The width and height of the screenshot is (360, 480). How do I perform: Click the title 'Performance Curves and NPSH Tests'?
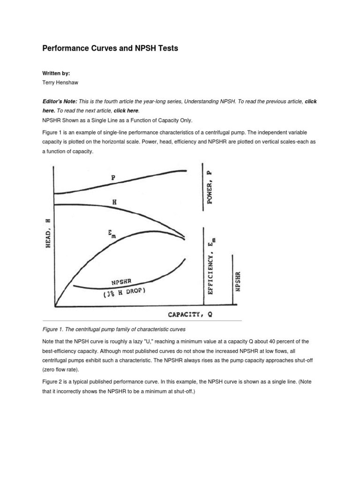pos(110,48)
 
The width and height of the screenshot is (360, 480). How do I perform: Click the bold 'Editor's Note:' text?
pos(60,102)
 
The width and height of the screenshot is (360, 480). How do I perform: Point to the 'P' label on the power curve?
pos(113,178)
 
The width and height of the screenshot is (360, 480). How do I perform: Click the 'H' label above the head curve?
pos(114,202)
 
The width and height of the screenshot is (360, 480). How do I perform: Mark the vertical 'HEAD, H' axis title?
pos(48,233)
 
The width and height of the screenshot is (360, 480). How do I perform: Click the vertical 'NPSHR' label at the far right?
pos(238,281)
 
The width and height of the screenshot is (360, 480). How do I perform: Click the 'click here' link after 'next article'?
pos(126,111)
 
